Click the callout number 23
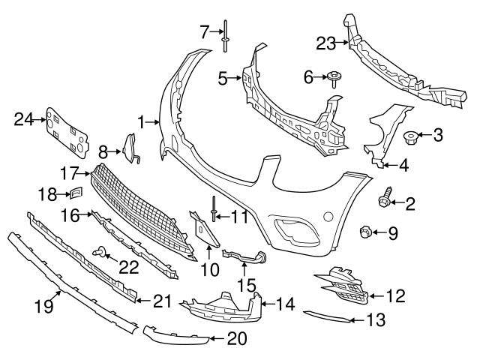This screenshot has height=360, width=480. point(326,43)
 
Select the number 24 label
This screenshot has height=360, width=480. point(24,118)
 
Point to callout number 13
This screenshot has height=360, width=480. point(376,320)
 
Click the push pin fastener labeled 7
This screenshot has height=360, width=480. point(224,38)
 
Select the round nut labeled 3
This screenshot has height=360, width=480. point(410,136)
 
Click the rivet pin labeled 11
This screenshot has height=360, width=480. point(214,209)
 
